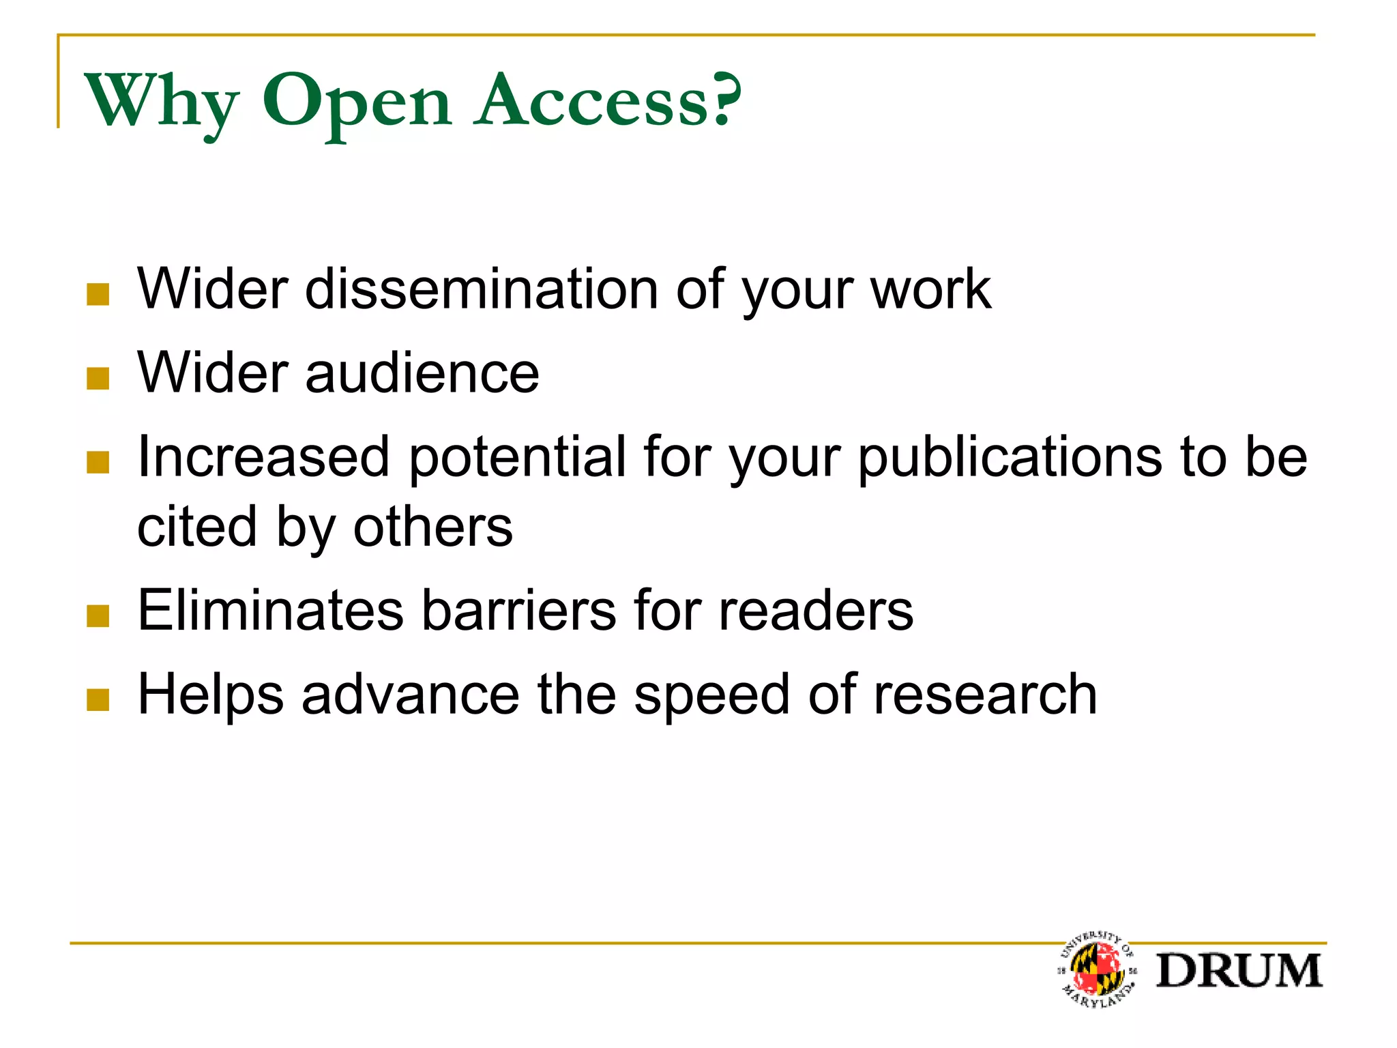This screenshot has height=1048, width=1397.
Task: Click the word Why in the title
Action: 162,102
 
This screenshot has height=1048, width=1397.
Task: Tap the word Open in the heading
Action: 356,102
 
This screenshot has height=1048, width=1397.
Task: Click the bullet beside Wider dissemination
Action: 98,295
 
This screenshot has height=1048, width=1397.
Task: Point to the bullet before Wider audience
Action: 98,379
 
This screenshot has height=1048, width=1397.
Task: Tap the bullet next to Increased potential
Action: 98,463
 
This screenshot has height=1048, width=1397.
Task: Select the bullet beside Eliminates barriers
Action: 98,616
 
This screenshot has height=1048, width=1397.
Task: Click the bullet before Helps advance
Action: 98,700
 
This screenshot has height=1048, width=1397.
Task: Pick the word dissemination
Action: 481,289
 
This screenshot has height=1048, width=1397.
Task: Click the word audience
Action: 422,373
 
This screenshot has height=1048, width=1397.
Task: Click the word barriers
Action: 520,611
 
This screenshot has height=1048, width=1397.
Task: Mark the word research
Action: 985,695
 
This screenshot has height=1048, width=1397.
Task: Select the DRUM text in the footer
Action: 1239,971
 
